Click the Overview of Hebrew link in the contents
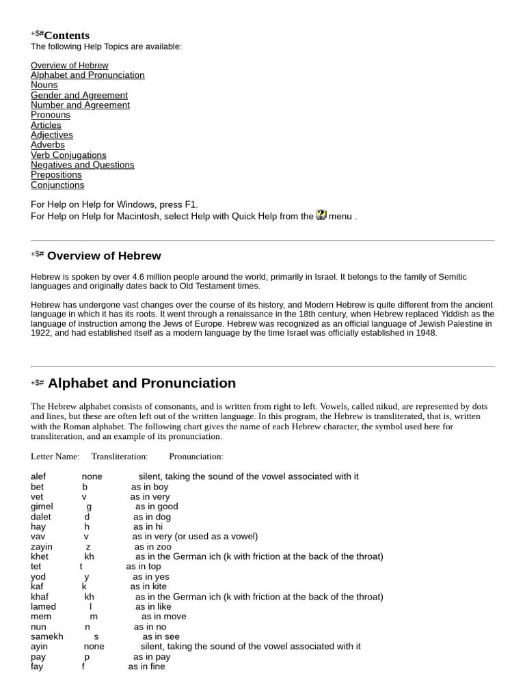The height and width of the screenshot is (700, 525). (69, 66)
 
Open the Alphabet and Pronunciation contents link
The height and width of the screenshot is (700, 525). (87, 75)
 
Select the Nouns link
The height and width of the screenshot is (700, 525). (44, 85)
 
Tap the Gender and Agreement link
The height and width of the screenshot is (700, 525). (79, 96)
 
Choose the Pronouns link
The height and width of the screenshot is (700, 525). (50, 115)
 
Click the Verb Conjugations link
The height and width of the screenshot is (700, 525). (68, 155)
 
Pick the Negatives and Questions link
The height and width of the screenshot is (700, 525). (82, 165)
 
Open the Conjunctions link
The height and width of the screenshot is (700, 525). (57, 185)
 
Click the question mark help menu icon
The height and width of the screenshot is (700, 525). (321, 215)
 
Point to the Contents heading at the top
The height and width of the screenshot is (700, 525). (66, 36)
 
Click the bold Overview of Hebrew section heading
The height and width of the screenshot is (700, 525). (104, 256)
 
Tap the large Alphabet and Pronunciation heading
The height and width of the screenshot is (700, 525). (142, 383)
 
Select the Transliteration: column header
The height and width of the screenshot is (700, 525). (120, 457)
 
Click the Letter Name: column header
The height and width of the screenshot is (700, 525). (55, 457)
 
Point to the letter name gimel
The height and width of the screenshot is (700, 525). (42, 507)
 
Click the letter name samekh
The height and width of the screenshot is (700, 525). (46, 637)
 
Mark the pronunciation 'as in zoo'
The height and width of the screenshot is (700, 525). (152, 547)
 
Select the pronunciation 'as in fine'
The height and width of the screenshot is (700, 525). (146, 667)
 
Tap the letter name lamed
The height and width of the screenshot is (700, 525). (43, 607)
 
